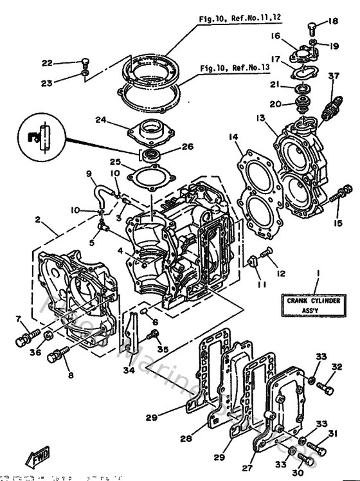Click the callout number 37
[x=333, y=77]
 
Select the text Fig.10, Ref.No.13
[x=235, y=68]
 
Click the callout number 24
[x=101, y=119]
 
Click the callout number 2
[x=39, y=220]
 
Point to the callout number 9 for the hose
[x=89, y=174]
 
